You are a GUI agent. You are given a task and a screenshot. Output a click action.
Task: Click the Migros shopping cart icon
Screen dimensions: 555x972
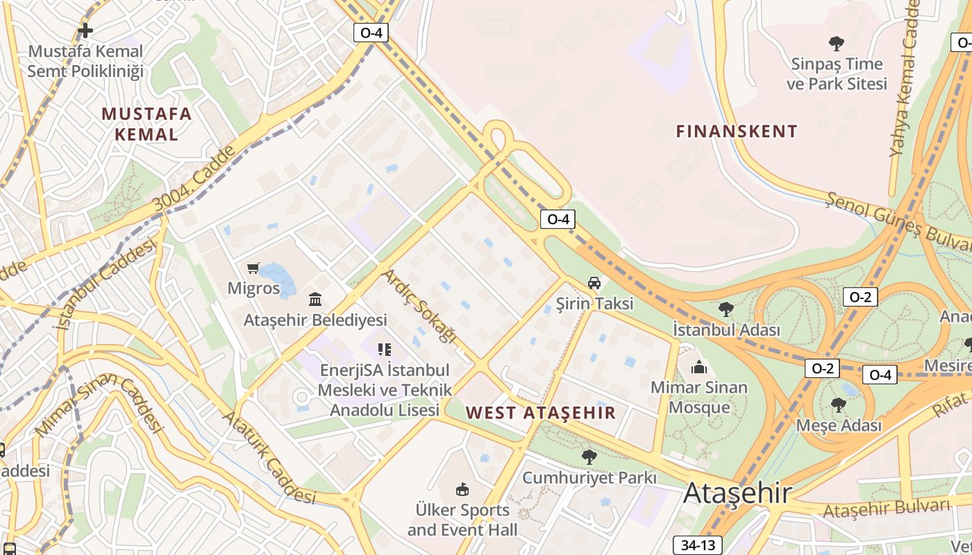pos(253,268)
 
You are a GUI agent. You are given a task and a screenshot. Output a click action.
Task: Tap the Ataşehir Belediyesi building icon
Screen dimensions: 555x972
pos(315,300)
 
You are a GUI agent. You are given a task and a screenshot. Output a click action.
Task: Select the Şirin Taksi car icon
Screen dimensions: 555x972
pos(594,283)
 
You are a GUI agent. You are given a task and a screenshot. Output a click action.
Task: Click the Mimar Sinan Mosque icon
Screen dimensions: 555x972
pos(698,367)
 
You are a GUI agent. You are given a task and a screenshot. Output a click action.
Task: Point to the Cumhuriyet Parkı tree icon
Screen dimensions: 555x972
pos(589,456)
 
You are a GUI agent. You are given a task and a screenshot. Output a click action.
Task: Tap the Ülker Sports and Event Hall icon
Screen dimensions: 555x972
pos(462,490)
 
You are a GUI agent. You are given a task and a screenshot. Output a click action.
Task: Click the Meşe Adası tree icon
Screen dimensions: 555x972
pos(838,404)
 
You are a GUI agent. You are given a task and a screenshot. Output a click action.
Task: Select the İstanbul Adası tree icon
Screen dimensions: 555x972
pos(726,309)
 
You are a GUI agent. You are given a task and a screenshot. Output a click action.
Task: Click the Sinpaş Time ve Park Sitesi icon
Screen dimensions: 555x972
pos(837,44)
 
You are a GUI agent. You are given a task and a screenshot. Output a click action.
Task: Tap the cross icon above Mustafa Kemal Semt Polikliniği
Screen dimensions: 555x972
pos(85,31)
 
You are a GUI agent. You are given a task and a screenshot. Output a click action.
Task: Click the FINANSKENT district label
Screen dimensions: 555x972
pos(737,131)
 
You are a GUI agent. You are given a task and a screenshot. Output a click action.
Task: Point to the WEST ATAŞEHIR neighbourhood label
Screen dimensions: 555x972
pos(540,413)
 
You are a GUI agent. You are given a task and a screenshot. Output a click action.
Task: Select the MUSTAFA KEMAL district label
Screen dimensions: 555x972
pos(146,123)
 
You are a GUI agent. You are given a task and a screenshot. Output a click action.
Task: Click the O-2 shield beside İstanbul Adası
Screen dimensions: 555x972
pos(860,297)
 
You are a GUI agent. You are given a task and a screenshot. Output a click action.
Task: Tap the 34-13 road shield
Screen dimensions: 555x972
pos(697,545)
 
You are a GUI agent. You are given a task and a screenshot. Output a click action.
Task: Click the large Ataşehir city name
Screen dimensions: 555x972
pos(737,493)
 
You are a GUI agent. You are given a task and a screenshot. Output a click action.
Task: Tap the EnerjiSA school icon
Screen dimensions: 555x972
pos(384,349)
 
